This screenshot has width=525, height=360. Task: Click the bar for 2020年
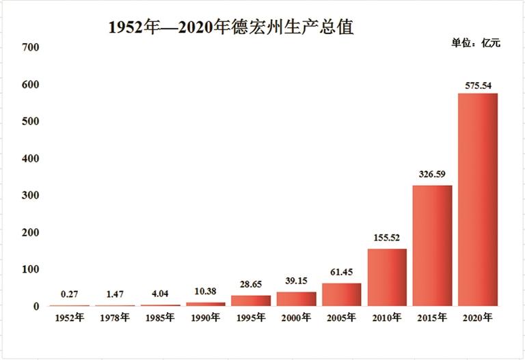(477, 199)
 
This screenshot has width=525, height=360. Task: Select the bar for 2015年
(432, 245)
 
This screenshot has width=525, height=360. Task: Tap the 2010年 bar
(387, 277)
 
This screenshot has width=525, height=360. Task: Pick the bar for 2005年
(341, 294)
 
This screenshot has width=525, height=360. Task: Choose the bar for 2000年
(296, 299)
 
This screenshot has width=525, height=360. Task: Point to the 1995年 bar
(251, 301)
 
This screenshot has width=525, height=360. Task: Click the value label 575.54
(478, 86)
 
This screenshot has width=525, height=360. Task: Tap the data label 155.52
(387, 238)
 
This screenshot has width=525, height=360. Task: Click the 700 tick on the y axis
(31, 47)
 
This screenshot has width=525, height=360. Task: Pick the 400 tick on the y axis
(31, 158)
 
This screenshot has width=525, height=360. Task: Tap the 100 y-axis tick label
(31, 270)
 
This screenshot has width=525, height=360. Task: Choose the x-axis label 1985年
(160, 318)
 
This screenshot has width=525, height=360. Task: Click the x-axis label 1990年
(205, 318)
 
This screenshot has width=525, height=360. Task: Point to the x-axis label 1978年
(115, 318)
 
